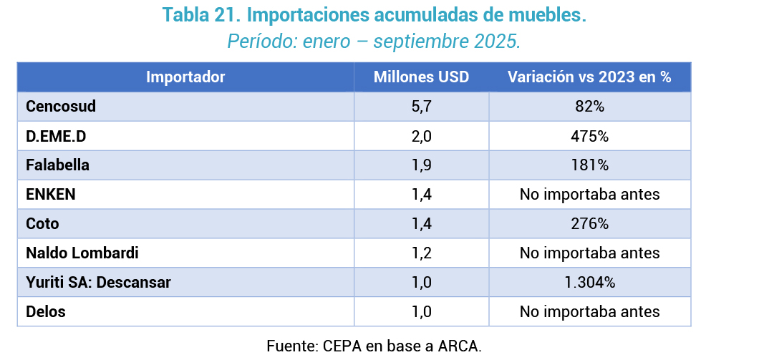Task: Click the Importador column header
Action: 185,77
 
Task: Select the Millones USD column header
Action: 421,77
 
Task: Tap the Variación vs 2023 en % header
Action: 589,77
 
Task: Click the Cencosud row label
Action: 61,107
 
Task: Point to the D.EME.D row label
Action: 59,136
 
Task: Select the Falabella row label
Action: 57,165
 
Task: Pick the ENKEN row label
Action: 50,195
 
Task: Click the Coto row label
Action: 42,224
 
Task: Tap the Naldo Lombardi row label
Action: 82,253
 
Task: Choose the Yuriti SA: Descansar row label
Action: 98,283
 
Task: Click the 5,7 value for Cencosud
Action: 421,107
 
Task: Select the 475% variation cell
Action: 589,136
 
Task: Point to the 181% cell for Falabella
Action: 589,165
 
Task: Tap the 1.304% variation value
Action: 589,283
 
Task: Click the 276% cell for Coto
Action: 589,224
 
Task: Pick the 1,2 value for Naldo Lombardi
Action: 421,253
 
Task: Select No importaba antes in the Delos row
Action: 589,312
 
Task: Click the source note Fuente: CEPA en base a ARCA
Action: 374,346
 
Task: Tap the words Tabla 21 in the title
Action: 200,15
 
